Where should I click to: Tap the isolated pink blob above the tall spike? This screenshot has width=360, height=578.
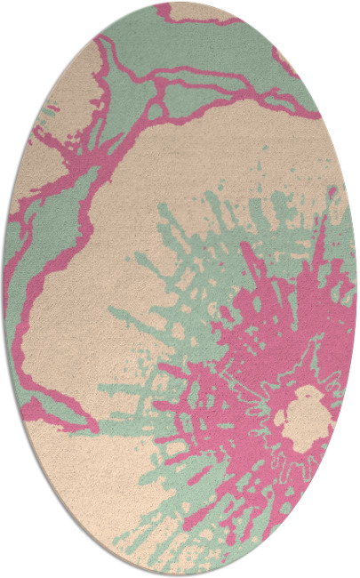332,191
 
